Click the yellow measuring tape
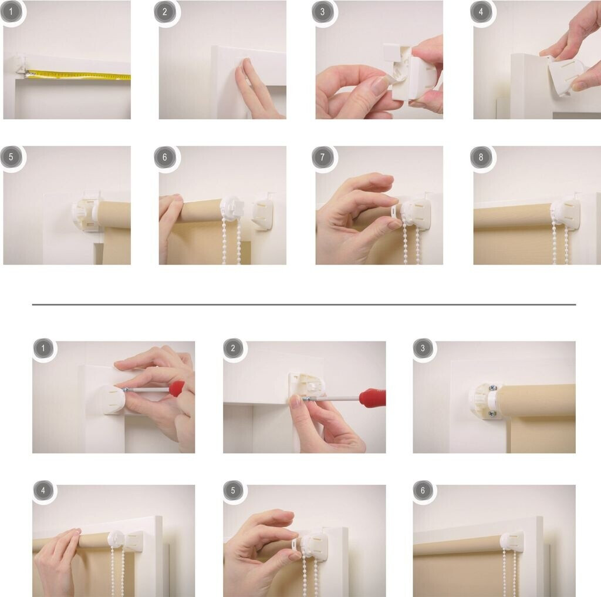click(x=79, y=75)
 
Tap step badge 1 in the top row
click(x=11, y=12)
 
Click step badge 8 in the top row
click(x=481, y=157)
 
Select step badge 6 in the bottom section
click(x=423, y=490)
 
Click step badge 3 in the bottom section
click(x=423, y=348)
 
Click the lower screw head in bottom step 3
click(x=492, y=414)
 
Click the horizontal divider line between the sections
click(x=304, y=304)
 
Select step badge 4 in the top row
click(x=481, y=12)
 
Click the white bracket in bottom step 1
click(x=110, y=400)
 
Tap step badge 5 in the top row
click(x=11, y=157)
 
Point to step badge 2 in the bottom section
click(x=233, y=348)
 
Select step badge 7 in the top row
click(x=322, y=157)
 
